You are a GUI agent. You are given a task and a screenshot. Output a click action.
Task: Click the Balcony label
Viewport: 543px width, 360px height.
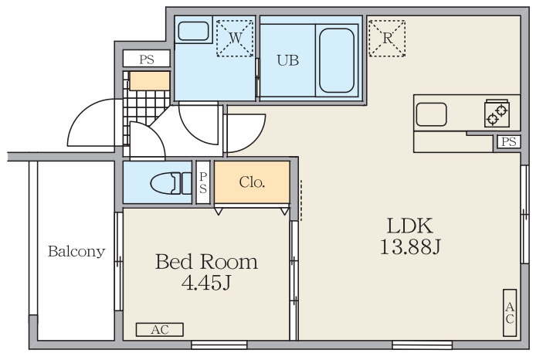76,252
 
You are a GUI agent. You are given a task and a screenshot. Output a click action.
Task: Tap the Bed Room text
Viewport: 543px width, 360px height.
206,262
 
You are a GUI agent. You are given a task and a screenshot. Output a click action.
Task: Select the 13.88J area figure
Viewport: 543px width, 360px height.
410,247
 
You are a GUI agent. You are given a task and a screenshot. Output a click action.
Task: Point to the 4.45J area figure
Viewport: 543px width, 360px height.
206,283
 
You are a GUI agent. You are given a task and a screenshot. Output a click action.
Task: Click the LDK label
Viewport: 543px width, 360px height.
410,226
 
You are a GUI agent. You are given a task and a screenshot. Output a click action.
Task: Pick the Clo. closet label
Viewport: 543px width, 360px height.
252,182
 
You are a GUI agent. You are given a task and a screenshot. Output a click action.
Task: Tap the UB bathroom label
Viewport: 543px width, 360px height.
288,60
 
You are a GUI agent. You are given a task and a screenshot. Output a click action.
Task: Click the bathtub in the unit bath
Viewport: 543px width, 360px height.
337,60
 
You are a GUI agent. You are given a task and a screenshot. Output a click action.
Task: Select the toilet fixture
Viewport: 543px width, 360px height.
171,183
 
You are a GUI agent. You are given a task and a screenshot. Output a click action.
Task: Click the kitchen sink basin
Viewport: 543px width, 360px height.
431,114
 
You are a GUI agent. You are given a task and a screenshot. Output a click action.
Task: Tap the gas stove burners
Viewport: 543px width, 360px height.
497,114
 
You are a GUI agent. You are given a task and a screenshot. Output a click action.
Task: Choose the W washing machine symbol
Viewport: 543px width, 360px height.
235,38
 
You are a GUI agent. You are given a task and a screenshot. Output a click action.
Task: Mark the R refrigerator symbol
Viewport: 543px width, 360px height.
387,38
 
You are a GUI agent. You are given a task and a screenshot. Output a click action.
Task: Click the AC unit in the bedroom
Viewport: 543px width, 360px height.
160,330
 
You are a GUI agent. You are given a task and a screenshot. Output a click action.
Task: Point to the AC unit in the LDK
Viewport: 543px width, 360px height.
510,313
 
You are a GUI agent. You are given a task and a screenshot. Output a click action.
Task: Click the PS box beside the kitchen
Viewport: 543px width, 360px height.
509,141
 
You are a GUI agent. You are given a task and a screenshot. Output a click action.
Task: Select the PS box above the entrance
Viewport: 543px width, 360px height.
147,59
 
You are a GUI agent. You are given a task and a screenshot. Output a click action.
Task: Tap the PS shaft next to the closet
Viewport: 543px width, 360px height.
203,182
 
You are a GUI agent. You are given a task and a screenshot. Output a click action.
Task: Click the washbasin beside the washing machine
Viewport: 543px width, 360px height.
193,31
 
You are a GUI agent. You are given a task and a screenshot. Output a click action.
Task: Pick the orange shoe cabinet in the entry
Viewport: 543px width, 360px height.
150,81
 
